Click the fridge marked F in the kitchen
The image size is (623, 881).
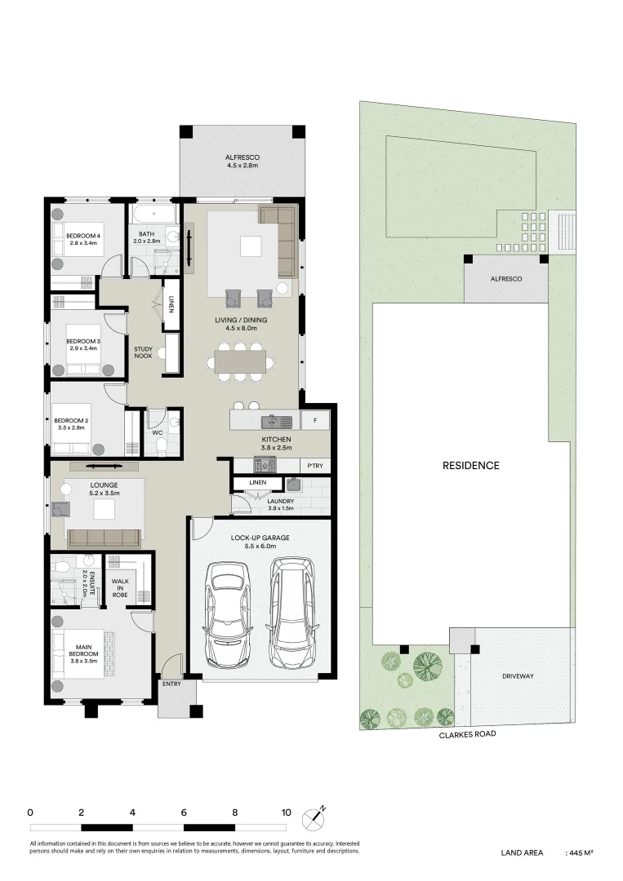[315, 421]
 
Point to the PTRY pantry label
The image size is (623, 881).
[315, 466]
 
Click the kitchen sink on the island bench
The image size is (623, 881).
[276, 422]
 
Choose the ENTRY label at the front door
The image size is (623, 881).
[171, 684]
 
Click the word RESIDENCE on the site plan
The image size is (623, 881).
[470, 466]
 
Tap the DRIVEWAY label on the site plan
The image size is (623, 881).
[518, 676]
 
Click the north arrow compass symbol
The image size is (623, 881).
[314, 817]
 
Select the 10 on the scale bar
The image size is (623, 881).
[286, 812]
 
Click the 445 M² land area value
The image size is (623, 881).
[580, 852]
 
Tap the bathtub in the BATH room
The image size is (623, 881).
[154, 215]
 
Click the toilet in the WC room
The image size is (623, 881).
[161, 445]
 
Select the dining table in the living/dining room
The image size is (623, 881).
[240, 360]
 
